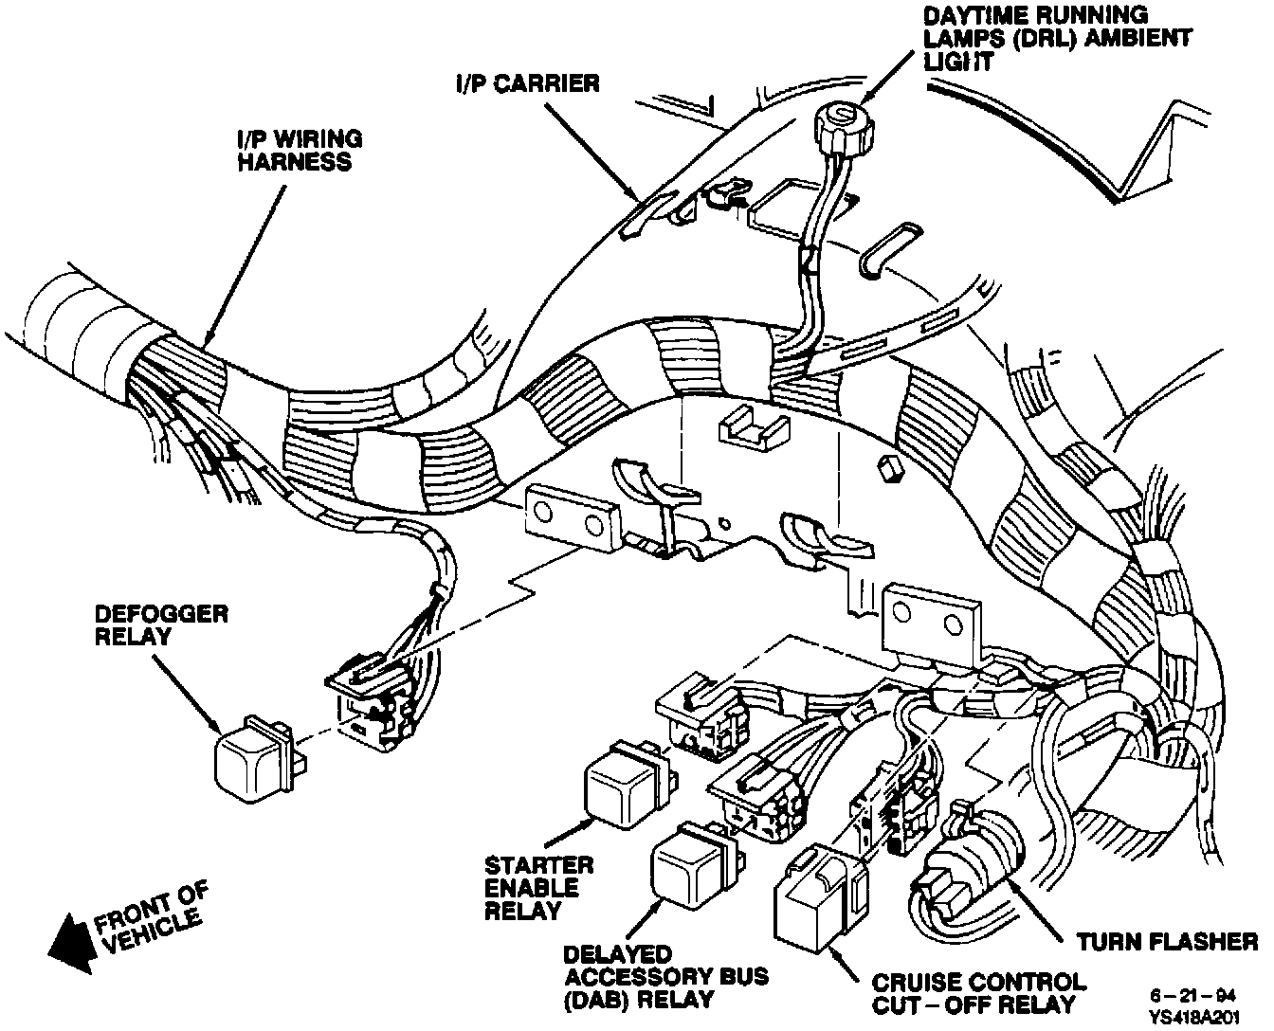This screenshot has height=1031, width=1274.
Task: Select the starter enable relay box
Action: [x=622, y=783]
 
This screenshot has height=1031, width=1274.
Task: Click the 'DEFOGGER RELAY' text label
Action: [x=162, y=624]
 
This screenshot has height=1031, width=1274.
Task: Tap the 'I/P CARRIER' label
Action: [x=525, y=83]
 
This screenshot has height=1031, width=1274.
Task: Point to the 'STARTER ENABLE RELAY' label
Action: [x=538, y=888]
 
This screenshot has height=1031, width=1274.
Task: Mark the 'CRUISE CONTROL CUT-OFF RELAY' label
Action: [x=975, y=992]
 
